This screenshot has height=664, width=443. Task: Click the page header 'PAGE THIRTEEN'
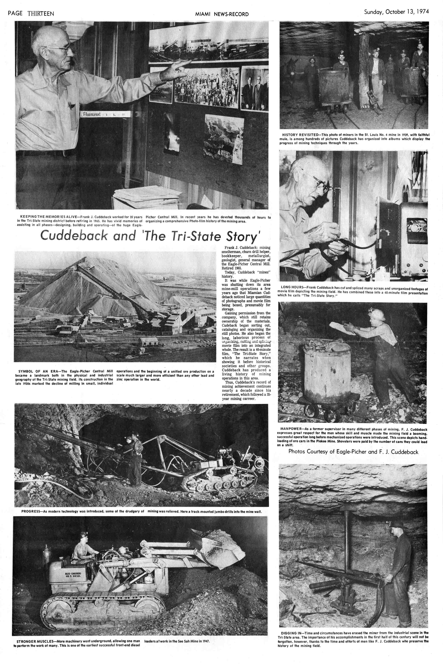click(x=31, y=14)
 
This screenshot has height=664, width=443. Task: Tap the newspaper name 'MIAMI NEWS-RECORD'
click(x=222, y=14)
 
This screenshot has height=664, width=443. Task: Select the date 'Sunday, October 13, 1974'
click(x=396, y=12)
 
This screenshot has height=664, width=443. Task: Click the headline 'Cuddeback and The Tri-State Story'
click(x=150, y=236)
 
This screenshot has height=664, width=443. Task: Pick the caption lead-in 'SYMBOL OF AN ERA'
click(x=35, y=371)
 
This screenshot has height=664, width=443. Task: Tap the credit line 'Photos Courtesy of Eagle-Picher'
click(x=353, y=452)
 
